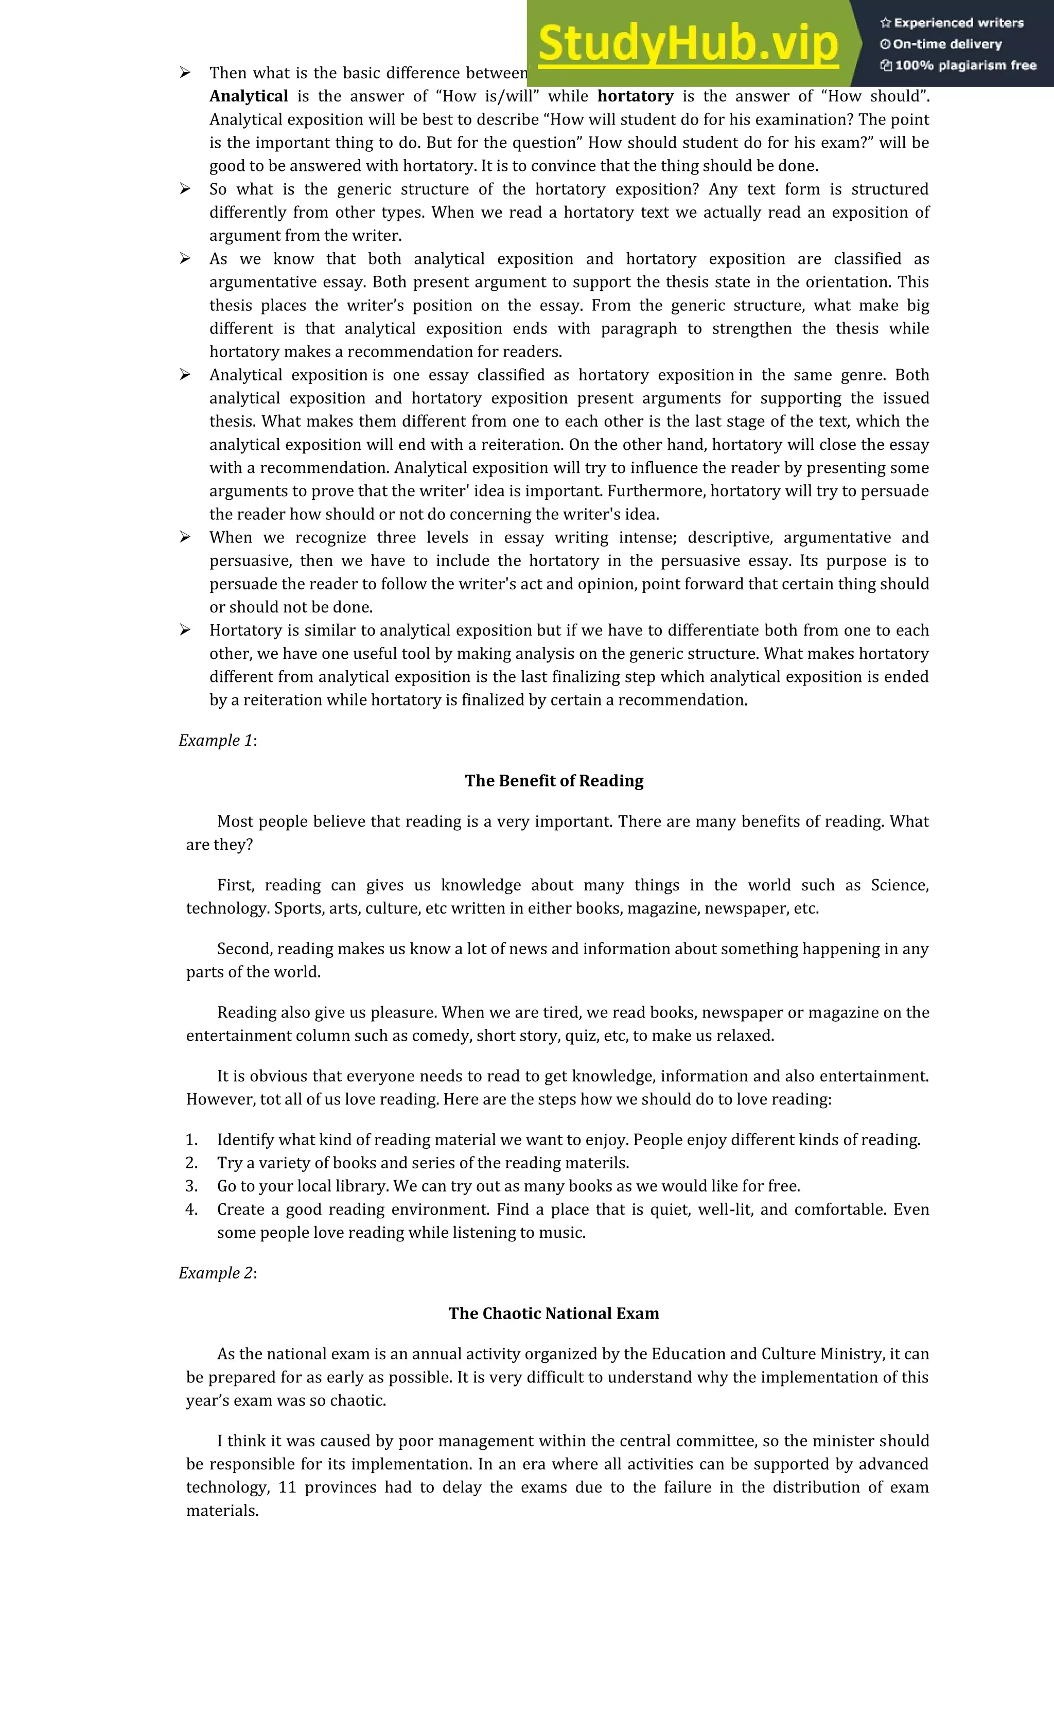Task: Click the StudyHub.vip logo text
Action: tap(688, 44)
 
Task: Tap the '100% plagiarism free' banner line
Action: tap(958, 65)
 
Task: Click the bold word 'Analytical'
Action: tap(249, 97)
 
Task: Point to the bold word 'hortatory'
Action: tap(636, 97)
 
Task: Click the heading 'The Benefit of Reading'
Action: tap(554, 781)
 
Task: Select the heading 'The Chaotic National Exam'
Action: tap(554, 1313)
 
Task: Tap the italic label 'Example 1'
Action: tap(216, 741)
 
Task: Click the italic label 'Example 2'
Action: tap(216, 1273)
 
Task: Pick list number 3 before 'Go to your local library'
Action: tap(191, 1186)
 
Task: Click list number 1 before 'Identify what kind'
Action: tap(191, 1140)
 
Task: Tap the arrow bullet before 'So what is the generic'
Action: tap(185, 189)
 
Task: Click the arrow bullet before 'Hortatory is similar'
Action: tap(185, 630)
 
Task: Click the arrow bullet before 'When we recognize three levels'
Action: tap(185, 537)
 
